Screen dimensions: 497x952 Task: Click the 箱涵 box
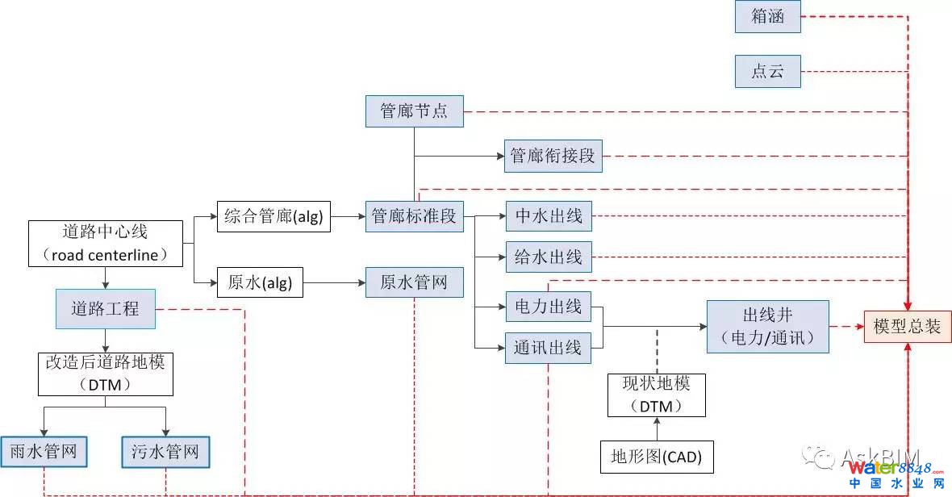click(767, 16)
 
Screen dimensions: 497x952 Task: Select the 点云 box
click(767, 71)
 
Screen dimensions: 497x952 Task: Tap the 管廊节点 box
click(414, 111)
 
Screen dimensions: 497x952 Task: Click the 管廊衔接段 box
click(553, 156)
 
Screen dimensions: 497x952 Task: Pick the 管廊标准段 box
click(414, 216)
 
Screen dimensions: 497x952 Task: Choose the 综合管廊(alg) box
click(273, 216)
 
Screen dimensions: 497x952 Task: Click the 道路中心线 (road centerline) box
click(105, 244)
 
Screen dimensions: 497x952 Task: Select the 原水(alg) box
click(260, 283)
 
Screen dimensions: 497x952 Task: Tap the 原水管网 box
click(414, 282)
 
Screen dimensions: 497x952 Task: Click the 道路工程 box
click(105, 308)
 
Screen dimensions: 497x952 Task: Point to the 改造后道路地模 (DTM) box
click(105, 374)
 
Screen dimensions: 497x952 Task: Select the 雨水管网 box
click(44, 451)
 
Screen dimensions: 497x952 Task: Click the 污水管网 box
click(165, 451)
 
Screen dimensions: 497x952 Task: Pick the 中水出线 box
click(549, 216)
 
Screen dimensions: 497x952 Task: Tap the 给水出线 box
click(549, 257)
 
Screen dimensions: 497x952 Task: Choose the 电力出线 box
click(549, 307)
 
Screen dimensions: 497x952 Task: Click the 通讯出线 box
click(549, 348)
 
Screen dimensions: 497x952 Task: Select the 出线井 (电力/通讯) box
click(767, 326)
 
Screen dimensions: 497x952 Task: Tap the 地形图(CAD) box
click(657, 457)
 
